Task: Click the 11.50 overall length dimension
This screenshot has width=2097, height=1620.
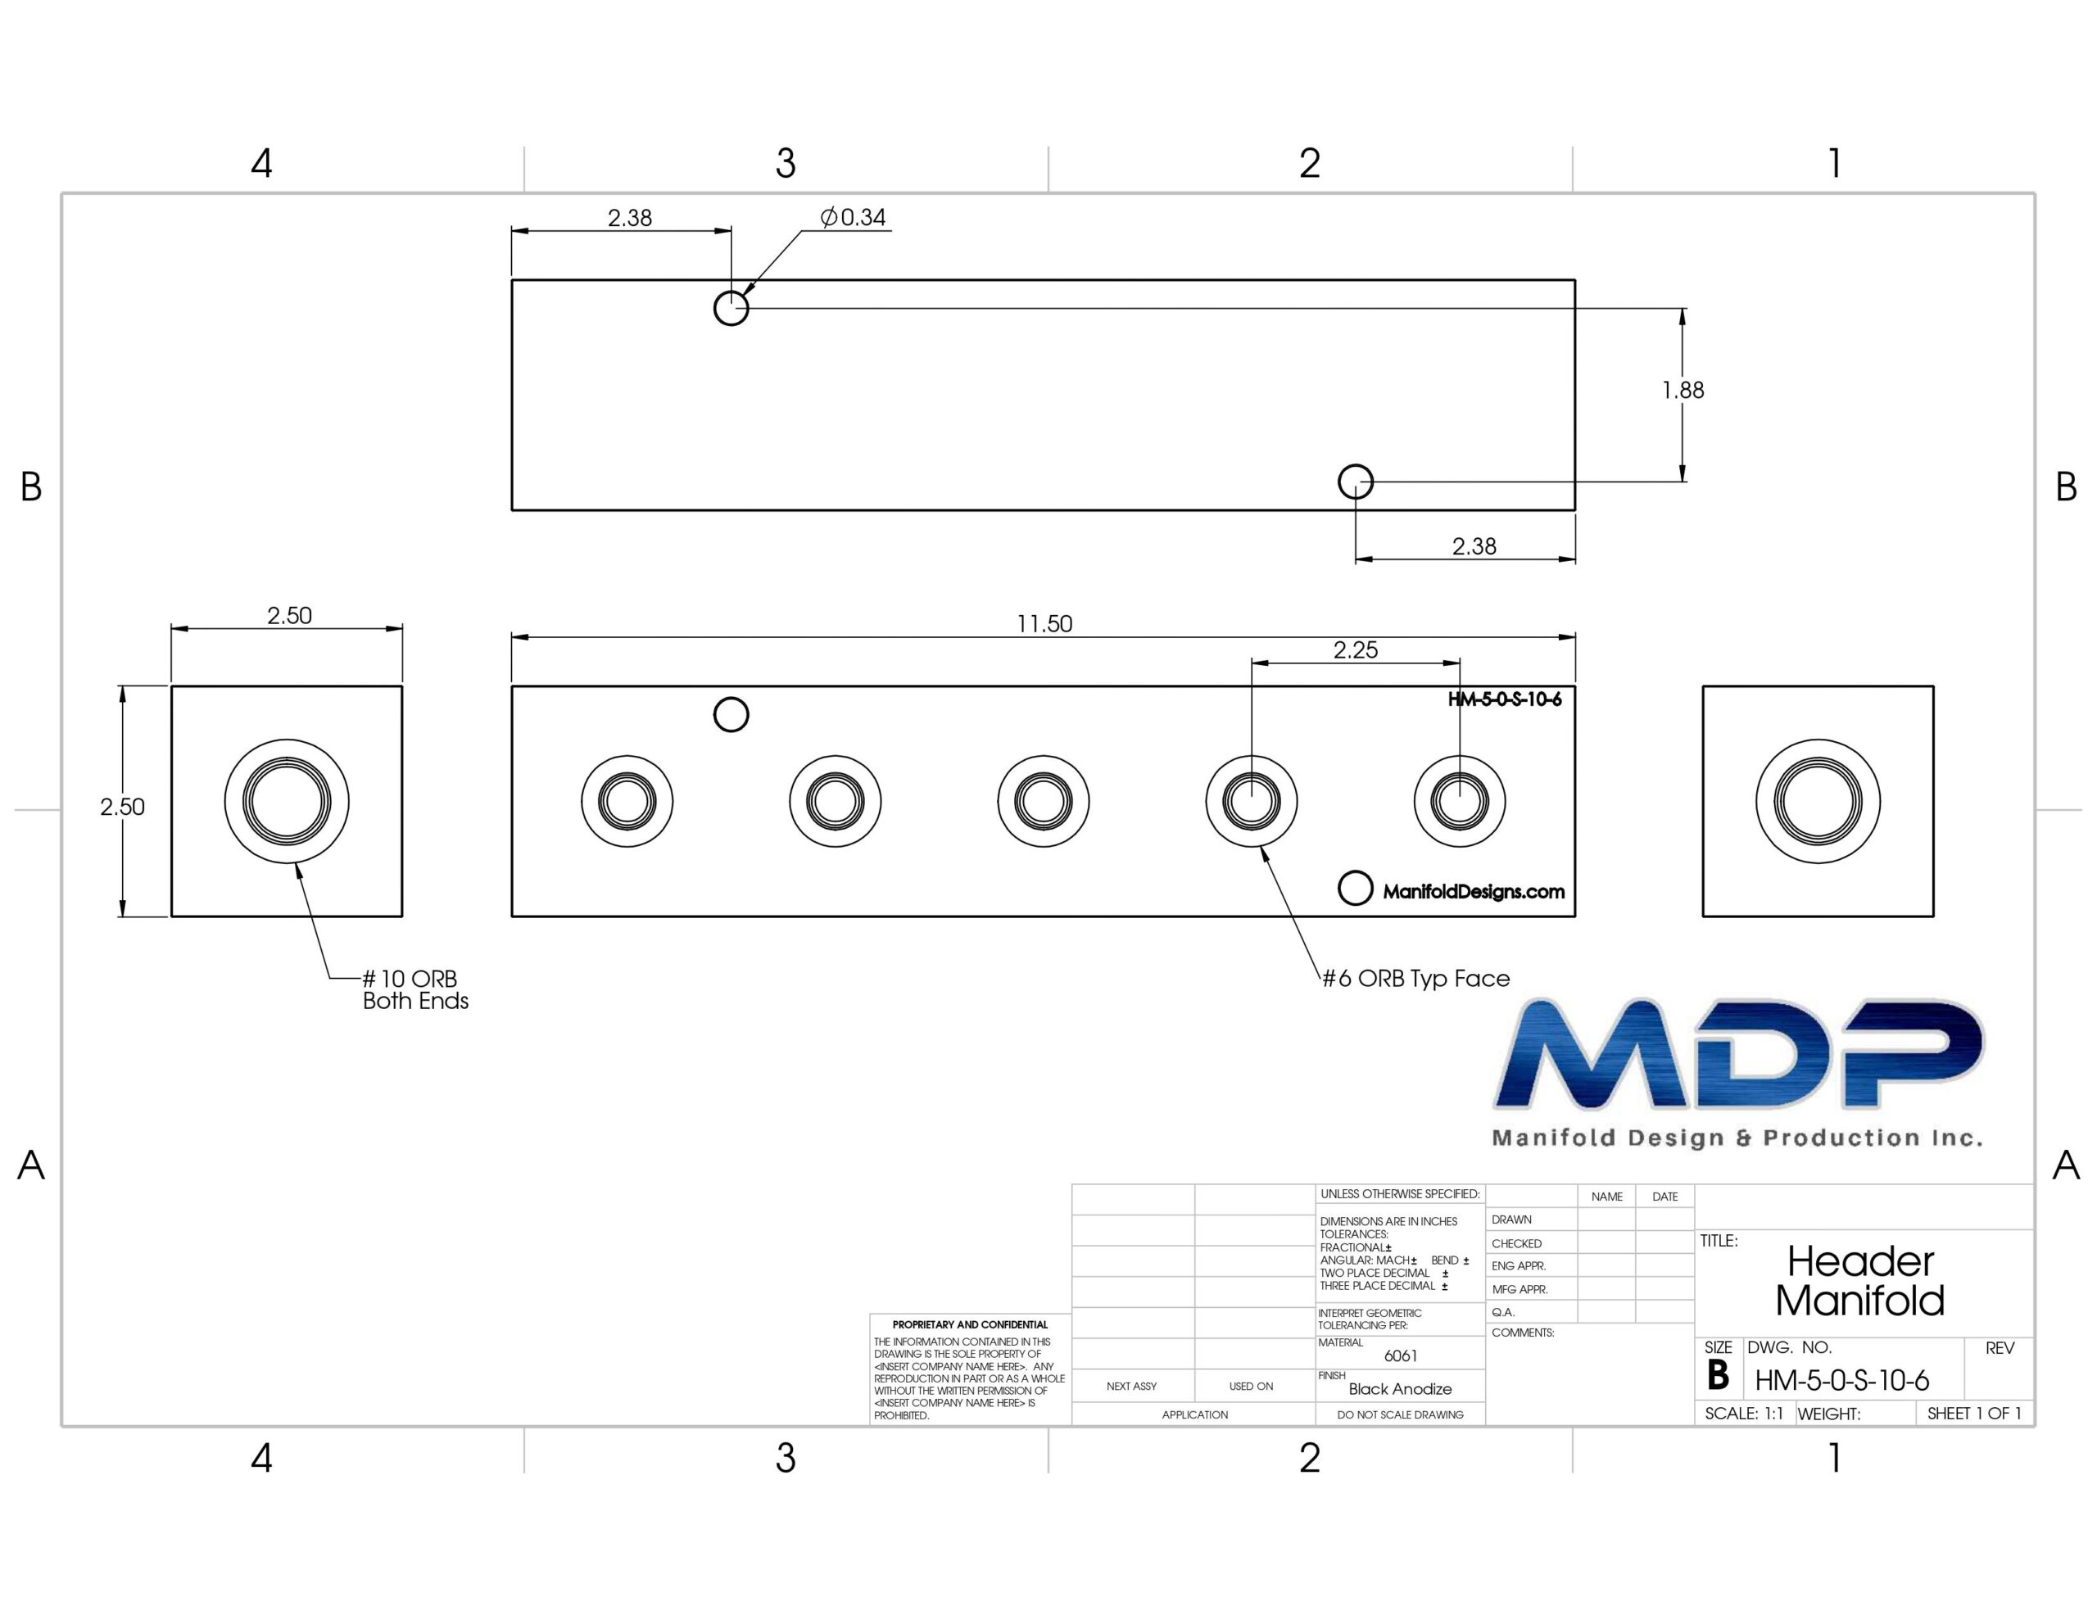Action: pos(1044,624)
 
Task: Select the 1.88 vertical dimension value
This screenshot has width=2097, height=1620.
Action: pos(1683,390)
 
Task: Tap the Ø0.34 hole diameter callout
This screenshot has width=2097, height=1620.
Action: pos(853,217)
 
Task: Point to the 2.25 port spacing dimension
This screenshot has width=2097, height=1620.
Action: pos(1355,650)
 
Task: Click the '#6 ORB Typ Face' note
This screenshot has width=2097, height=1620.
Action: pos(1415,979)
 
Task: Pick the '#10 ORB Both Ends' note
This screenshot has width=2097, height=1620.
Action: pos(414,990)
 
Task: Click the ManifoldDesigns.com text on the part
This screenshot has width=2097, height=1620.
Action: pos(1473,892)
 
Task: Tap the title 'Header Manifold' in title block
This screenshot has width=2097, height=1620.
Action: pos(1859,1281)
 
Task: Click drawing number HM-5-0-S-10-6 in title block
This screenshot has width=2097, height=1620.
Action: pos(1841,1381)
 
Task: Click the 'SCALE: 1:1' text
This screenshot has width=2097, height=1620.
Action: pos(1744,1414)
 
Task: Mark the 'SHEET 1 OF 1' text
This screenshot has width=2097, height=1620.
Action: pos(1974,1414)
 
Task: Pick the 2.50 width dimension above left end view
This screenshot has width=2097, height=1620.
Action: pos(289,616)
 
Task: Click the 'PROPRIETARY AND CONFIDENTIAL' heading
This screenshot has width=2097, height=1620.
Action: pos(970,1325)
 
